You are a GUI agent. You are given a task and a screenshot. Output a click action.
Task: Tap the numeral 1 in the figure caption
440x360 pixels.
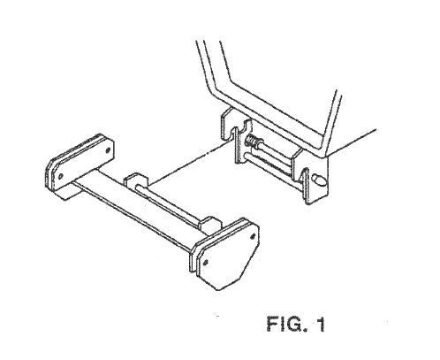(x=321, y=324)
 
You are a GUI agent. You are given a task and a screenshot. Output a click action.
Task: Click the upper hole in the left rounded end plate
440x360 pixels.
(x=108, y=150)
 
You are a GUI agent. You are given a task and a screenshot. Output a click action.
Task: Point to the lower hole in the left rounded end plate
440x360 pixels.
(x=61, y=177)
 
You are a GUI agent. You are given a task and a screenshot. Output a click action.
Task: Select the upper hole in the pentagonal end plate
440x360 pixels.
(x=253, y=236)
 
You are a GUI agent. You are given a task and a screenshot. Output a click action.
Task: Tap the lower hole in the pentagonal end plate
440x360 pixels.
(x=206, y=262)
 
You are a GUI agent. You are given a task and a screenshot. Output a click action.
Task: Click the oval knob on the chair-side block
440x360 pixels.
(x=318, y=180)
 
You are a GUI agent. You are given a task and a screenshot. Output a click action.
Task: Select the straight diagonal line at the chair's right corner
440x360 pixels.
(x=351, y=142)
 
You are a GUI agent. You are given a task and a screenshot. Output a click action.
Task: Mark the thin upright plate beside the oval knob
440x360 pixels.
(x=306, y=186)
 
